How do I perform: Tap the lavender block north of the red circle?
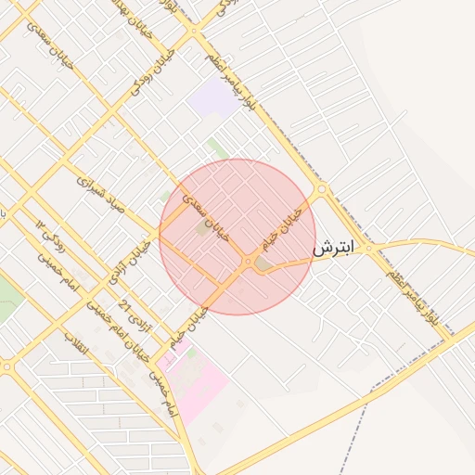click(212, 96)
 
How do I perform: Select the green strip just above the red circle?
click(218, 148)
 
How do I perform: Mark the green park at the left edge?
click(7, 299)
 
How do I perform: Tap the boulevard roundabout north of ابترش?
click(322, 189)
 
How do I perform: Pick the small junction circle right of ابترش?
click(368, 249)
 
